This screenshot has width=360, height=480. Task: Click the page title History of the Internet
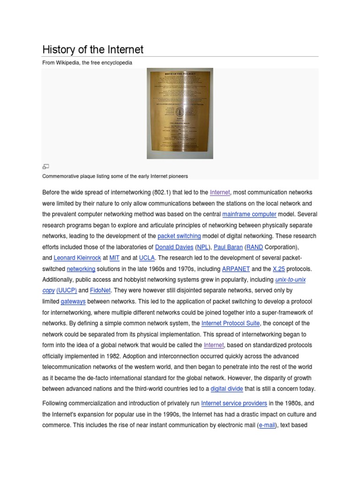coord(93,49)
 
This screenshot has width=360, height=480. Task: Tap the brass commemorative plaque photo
coord(180,113)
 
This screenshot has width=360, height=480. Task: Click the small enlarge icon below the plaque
coord(45,166)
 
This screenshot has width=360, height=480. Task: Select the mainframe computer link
coord(249,214)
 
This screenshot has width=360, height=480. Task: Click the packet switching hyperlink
coord(179,236)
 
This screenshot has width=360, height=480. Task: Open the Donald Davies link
coord(174,247)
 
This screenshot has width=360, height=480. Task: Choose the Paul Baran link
coord(228,247)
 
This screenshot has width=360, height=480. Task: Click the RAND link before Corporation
coord(255,247)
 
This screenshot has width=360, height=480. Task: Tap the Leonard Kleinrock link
coord(77,258)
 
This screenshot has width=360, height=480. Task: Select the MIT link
coord(114,258)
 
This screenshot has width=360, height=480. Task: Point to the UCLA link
coord(147,258)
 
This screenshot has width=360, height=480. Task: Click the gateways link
coord(73,301)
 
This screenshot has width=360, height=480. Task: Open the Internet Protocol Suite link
coord(230,323)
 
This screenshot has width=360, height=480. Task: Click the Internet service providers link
coord(234,403)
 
